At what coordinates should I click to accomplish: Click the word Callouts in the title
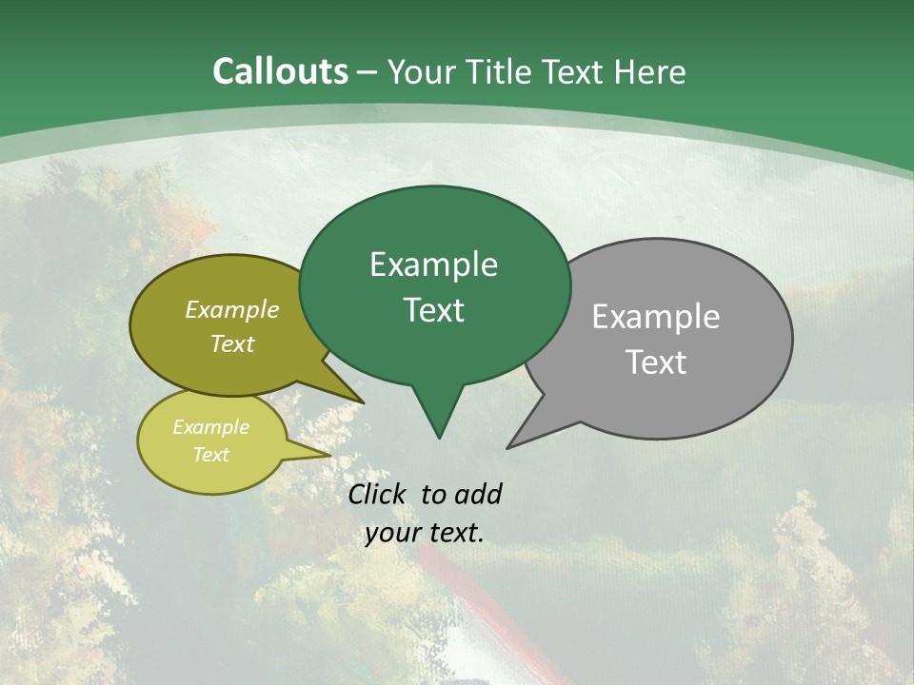tap(280, 72)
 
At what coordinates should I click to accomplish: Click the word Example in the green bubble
tap(433, 264)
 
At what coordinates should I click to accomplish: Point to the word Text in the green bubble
tap(433, 310)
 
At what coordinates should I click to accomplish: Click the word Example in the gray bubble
tap(656, 317)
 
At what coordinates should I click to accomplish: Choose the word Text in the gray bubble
tap(656, 362)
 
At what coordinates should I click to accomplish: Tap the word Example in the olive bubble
tap(231, 309)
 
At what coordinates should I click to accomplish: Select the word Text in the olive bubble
tap(231, 343)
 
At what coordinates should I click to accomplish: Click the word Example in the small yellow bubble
tap(210, 427)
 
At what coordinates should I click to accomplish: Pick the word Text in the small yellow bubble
tap(210, 455)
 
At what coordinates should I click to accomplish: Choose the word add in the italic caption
tap(477, 494)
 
